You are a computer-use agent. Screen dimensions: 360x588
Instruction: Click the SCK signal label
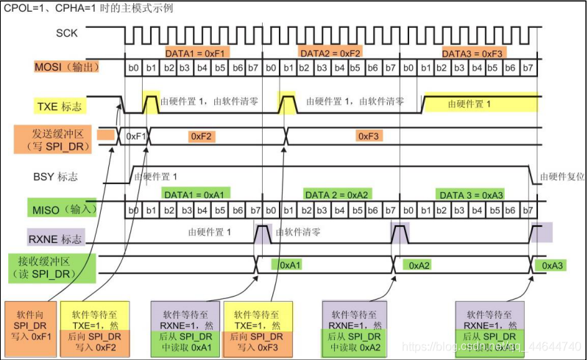pyautogui.click(x=65, y=33)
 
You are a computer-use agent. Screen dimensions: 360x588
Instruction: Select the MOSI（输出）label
pyautogui.click(x=66, y=68)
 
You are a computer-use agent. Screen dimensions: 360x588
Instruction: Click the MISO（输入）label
pyautogui.click(x=64, y=209)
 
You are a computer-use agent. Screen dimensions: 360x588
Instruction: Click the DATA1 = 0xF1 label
pyautogui.click(x=190, y=53)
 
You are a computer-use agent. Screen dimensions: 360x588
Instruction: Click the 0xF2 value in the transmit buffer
pyautogui.click(x=201, y=137)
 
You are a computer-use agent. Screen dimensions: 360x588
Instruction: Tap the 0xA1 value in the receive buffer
pyautogui.click(x=288, y=264)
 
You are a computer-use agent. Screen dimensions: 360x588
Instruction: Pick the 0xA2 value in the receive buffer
pyautogui.click(x=419, y=264)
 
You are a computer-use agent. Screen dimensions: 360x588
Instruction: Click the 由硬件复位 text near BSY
pyautogui.click(x=562, y=177)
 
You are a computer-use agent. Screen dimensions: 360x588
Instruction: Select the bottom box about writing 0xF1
pyautogui.click(x=30, y=325)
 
